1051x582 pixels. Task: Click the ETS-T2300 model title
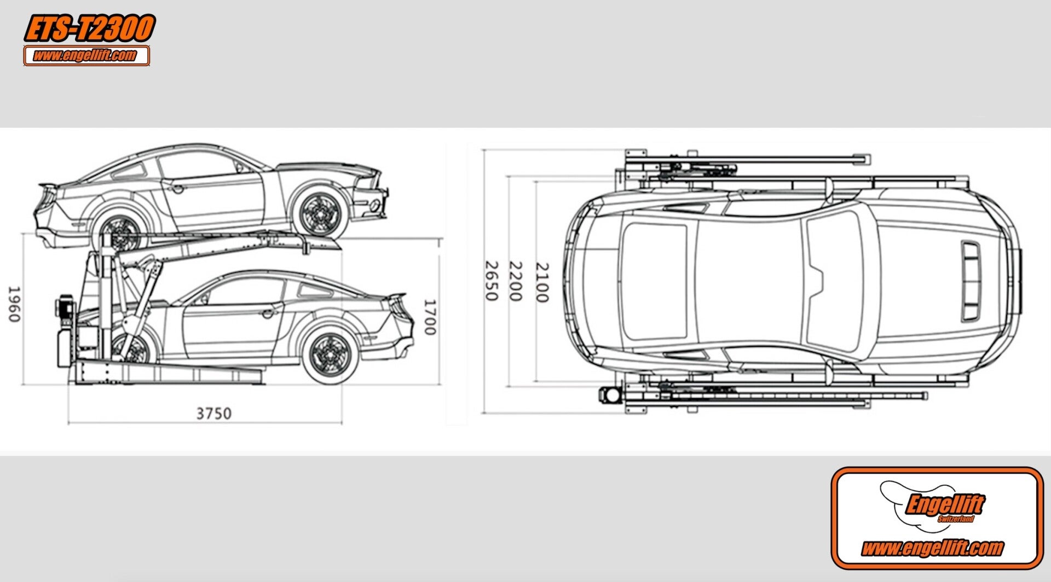[89, 29]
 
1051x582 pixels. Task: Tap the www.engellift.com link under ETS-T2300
[86, 56]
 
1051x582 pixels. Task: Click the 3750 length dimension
[213, 414]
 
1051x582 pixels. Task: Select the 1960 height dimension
[14, 304]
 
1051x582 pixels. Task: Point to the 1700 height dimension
[430, 317]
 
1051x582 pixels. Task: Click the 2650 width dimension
[491, 281]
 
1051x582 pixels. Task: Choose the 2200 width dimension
[515, 281]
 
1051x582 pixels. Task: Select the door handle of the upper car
[177, 188]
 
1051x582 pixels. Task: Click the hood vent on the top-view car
[971, 281]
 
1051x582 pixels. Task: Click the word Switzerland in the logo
[956, 519]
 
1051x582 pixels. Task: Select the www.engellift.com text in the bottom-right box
[932, 548]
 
